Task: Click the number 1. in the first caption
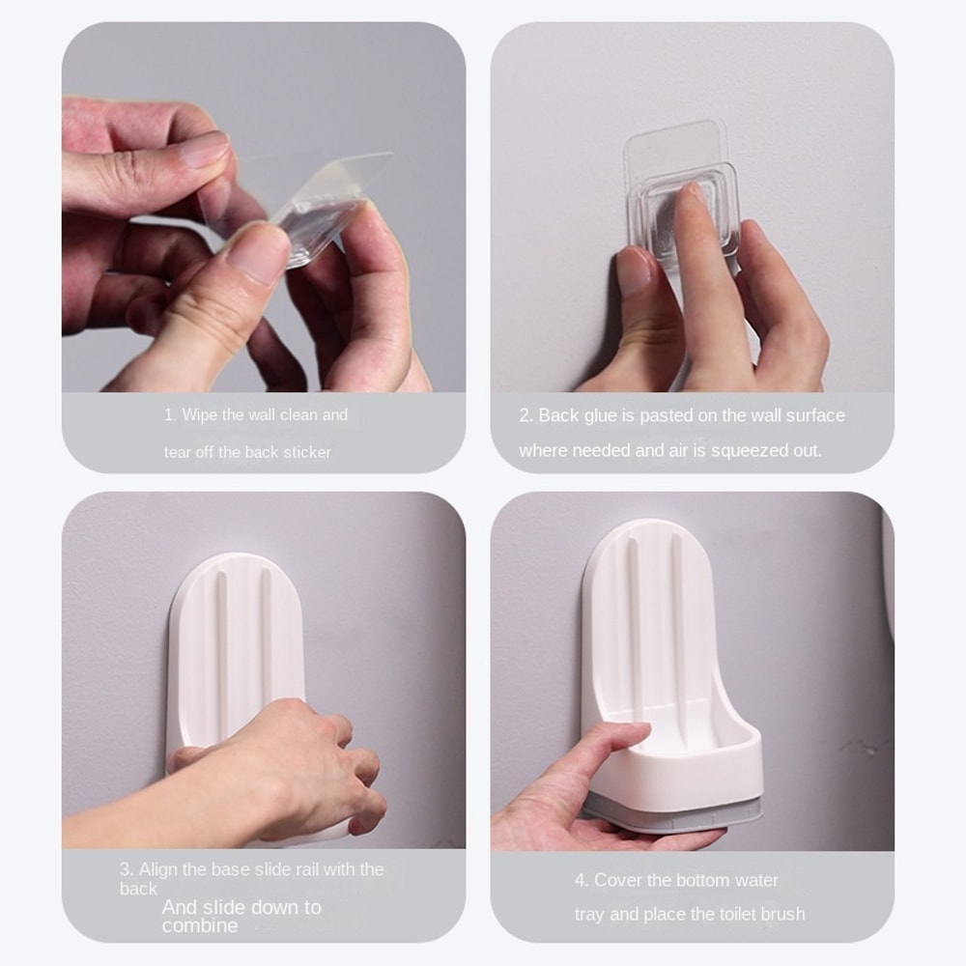click(170, 415)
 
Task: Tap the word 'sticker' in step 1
click(306, 452)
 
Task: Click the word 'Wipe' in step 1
click(200, 415)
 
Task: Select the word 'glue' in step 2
click(601, 415)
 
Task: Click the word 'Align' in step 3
click(159, 869)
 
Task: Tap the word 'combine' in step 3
click(199, 925)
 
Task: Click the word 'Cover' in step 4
click(617, 880)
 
